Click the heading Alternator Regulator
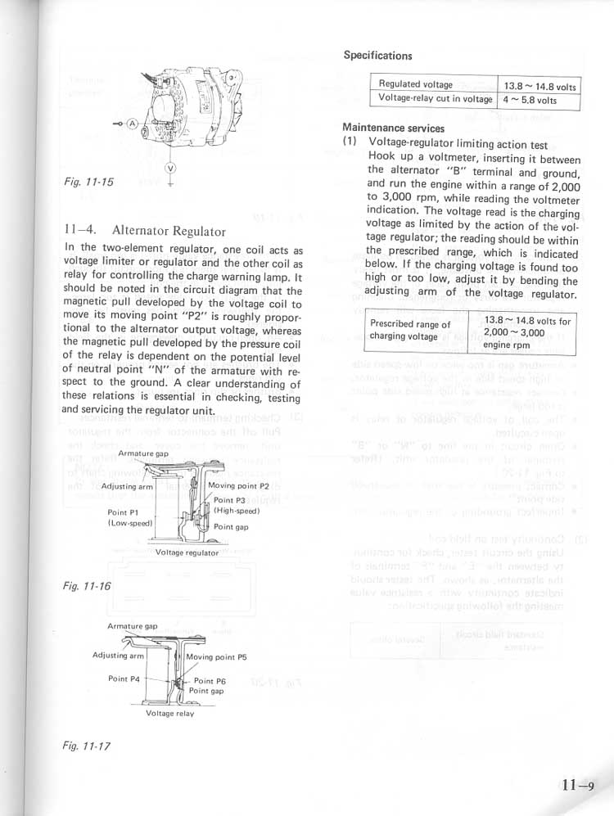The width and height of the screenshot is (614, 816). [x=143, y=232]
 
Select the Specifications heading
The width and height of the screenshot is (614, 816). [x=377, y=56]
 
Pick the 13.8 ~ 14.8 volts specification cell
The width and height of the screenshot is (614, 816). [x=540, y=86]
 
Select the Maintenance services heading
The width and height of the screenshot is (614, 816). [x=393, y=128]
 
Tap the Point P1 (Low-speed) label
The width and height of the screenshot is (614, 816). [x=129, y=518]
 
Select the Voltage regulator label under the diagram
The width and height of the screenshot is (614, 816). [x=187, y=552]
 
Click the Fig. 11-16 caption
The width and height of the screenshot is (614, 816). [x=86, y=586]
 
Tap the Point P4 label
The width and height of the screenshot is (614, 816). [x=124, y=678]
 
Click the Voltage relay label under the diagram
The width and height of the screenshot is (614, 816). [x=169, y=714]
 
